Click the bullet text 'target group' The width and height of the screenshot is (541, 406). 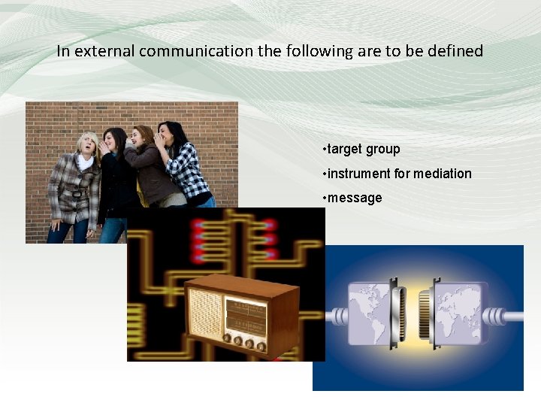[364, 149]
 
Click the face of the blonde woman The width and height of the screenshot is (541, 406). [89, 143]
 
